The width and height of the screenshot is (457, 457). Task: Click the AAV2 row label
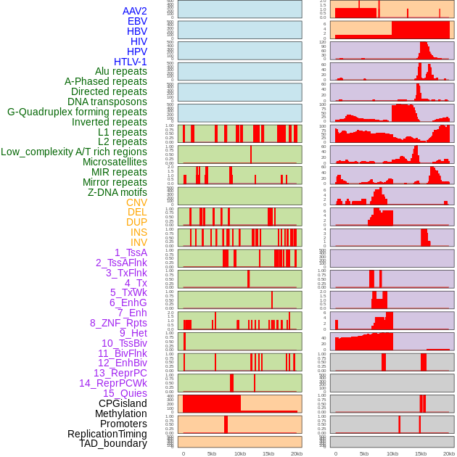[134, 12]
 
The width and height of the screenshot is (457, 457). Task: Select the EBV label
[137, 22]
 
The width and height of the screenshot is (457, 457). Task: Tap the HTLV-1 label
[130, 62]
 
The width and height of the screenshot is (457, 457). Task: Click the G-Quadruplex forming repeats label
[77, 112]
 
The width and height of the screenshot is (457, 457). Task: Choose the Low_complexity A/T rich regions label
[74, 152]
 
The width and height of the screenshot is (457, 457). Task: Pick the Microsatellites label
[115, 162]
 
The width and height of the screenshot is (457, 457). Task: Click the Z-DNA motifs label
[117, 192]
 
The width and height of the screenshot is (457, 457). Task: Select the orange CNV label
[136, 202]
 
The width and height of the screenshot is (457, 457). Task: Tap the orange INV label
[139, 242]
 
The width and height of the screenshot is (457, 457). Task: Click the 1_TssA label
[131, 252]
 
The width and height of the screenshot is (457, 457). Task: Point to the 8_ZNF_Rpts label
[118, 323]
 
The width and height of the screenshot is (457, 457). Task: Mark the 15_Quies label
[125, 393]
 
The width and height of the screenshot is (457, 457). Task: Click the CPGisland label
[123, 403]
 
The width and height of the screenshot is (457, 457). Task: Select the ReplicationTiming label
[107, 434]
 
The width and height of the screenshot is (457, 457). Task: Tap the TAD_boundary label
[113, 443]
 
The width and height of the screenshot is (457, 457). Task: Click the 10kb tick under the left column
[239, 453]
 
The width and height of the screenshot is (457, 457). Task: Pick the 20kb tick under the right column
[449, 453]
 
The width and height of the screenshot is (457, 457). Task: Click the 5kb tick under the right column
[364, 453]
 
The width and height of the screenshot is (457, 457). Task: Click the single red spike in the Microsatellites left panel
[251, 155]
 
